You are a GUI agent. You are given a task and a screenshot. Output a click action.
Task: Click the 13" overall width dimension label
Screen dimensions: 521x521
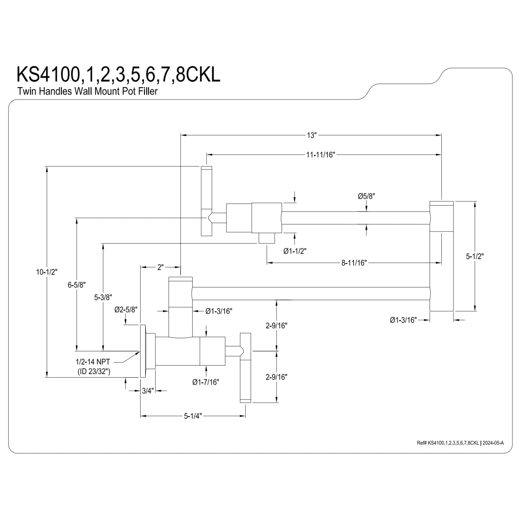click(x=312, y=135)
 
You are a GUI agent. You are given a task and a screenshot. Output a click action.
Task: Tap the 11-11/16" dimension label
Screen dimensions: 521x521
click(x=320, y=155)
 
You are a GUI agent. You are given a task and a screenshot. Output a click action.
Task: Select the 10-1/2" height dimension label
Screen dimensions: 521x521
click(x=47, y=272)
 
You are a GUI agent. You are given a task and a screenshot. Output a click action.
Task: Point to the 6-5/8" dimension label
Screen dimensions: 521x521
click(x=77, y=285)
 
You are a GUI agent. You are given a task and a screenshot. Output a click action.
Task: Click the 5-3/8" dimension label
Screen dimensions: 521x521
click(x=103, y=297)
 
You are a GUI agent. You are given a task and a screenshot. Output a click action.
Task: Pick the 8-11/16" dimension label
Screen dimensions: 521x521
click(x=354, y=263)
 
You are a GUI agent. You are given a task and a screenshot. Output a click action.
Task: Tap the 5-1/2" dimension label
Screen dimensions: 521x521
click(x=475, y=256)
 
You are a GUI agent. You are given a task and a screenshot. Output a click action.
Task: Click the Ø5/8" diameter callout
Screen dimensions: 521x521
click(x=367, y=196)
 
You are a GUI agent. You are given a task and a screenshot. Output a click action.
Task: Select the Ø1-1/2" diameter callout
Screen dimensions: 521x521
click(x=295, y=251)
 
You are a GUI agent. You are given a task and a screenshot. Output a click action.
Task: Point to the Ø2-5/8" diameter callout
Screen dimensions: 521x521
click(x=126, y=309)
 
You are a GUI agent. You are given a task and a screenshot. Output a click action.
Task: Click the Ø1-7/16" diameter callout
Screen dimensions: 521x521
click(x=206, y=382)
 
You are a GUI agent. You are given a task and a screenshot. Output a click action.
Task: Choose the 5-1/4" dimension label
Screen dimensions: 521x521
click(x=193, y=416)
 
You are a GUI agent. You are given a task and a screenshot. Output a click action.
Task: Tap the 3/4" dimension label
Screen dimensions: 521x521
click(x=148, y=391)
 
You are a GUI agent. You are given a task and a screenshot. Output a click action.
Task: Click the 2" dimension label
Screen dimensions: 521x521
click(x=160, y=267)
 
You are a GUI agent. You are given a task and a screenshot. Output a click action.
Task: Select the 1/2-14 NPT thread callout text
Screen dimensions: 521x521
click(x=93, y=362)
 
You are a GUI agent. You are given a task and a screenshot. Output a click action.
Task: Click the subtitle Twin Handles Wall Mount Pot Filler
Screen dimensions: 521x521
click(x=87, y=91)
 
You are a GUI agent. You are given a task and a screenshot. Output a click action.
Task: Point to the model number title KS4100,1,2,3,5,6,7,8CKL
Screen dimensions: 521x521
click(x=118, y=75)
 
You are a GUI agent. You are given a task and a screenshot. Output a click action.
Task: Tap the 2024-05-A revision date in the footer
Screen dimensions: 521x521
click(x=493, y=443)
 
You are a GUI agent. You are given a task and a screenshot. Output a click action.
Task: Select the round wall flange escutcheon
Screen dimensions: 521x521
click(x=143, y=351)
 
